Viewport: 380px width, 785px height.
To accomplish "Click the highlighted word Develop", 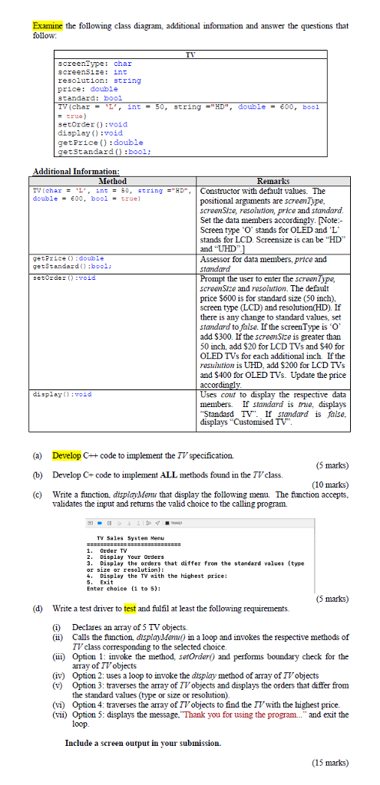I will (67, 455).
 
